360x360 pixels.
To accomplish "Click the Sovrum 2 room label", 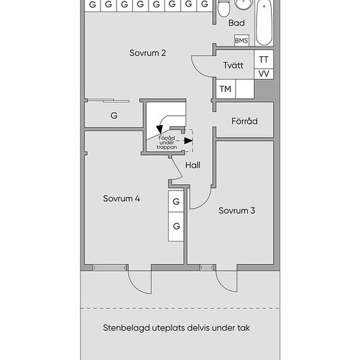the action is (x=147, y=53).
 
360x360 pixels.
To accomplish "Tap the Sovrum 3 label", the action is (x=236, y=211).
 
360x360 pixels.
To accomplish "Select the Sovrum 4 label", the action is (x=121, y=198).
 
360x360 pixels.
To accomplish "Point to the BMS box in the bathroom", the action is (x=242, y=41).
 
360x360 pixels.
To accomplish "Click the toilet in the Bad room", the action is (x=223, y=9).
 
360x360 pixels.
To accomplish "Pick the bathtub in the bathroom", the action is (x=264, y=22).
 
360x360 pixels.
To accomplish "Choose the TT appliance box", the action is (x=264, y=60).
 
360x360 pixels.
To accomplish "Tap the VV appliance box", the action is (x=264, y=74).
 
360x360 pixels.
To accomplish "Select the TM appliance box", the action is (x=225, y=89).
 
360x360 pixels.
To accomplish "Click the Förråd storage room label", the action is (x=245, y=121).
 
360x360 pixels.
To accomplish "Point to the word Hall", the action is (x=192, y=165).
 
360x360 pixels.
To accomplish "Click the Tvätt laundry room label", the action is (x=233, y=65).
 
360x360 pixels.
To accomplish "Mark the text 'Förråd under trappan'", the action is (x=167, y=143).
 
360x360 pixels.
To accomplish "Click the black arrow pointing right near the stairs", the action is (x=189, y=141).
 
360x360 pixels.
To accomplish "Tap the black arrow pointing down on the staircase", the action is (x=160, y=130).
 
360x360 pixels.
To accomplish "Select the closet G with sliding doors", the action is (x=114, y=115).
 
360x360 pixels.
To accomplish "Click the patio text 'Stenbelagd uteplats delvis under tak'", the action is (x=176, y=328).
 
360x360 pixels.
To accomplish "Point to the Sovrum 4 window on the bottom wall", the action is (x=109, y=268).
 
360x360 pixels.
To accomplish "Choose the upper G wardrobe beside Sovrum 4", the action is (x=176, y=202).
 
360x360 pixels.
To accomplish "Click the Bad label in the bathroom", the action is (x=236, y=23).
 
